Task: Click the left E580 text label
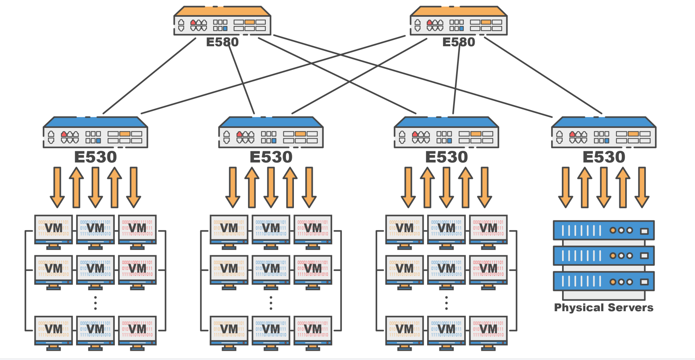[x=222, y=42]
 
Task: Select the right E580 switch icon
[x=458, y=21]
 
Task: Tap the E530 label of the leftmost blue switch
[x=95, y=157]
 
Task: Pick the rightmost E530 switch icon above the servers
[x=603, y=132]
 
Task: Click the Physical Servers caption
[x=603, y=307]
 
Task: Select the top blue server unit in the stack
[x=603, y=230]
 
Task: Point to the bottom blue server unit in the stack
[x=603, y=281]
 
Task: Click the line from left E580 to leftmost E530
[x=149, y=76]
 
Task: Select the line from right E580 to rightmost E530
[x=543, y=76]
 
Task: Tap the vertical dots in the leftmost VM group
[x=95, y=303]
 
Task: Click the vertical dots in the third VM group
[x=446, y=303]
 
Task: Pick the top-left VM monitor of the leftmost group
[x=53, y=229]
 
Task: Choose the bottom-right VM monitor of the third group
[x=488, y=330]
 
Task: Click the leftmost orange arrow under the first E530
[x=57, y=187]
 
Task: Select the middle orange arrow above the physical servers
[x=603, y=187]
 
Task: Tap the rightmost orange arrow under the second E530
[x=309, y=187]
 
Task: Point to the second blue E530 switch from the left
[x=271, y=132]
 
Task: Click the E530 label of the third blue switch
[x=446, y=157]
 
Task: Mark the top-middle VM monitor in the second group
[x=271, y=229]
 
